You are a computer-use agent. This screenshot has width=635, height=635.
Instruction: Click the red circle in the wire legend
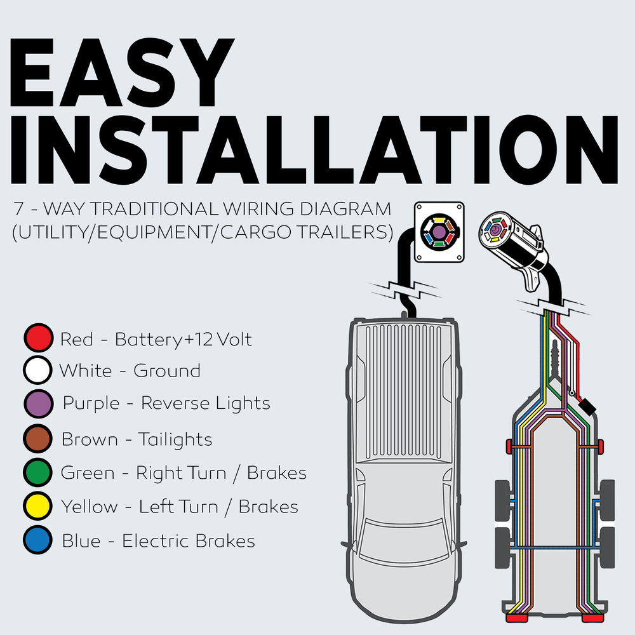click(39, 338)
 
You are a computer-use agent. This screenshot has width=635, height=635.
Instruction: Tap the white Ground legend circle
click(37, 370)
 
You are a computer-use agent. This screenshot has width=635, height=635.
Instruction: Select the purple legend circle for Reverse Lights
click(39, 404)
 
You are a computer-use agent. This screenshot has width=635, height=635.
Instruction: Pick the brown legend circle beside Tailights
click(37, 439)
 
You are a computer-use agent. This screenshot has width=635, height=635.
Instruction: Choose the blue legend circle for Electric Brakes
click(37, 540)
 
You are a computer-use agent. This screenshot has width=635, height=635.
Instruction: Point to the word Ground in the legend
click(167, 371)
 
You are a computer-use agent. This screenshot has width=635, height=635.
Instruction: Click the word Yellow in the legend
click(89, 507)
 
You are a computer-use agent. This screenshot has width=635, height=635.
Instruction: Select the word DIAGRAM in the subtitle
click(345, 209)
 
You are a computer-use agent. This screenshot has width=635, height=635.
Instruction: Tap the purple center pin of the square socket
click(439, 232)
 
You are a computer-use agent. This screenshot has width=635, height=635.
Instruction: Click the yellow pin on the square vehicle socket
click(439, 220)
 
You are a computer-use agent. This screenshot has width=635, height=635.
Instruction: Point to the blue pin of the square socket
click(428, 238)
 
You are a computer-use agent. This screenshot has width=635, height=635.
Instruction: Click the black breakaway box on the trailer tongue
click(587, 406)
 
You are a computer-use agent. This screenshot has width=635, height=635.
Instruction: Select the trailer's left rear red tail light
click(516, 618)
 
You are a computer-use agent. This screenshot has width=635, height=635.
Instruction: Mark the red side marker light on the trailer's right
click(601, 446)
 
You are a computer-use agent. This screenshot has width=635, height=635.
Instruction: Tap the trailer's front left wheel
click(502, 500)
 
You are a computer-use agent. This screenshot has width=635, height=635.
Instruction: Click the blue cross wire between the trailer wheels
click(555, 547)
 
